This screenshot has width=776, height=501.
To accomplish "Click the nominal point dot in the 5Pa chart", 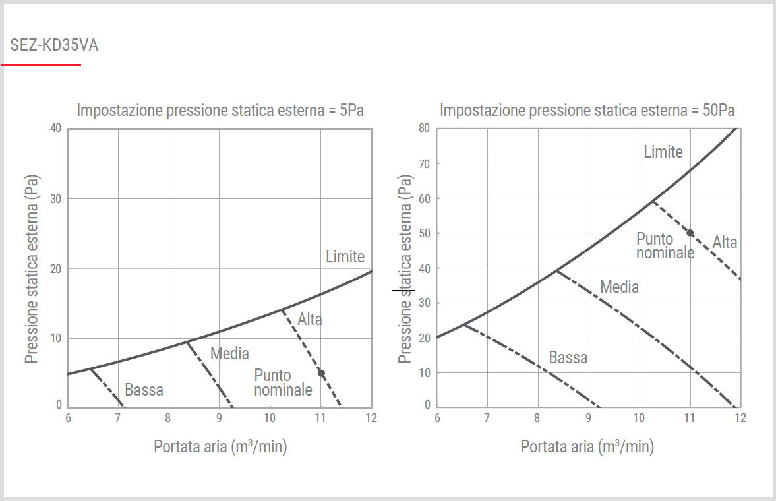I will [x=321, y=373].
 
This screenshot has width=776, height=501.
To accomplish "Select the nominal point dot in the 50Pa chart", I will [x=690, y=233].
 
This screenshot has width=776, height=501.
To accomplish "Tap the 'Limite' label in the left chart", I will [x=345, y=256].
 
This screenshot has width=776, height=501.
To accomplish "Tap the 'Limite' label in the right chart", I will [x=663, y=152].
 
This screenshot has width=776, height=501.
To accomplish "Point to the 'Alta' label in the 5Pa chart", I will [x=309, y=320].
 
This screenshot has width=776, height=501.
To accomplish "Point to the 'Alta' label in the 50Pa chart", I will [x=725, y=243].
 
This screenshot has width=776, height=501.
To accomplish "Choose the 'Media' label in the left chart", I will [x=229, y=353].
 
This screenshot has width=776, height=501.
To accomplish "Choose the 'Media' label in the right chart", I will [x=619, y=287].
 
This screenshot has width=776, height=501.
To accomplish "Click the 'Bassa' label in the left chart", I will [x=144, y=390].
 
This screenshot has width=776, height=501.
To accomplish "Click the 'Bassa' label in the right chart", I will [x=568, y=358].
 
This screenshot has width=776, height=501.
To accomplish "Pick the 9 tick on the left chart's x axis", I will [x=219, y=418].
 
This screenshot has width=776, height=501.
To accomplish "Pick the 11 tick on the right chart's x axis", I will [x=690, y=418].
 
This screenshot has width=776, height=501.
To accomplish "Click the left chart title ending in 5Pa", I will [x=220, y=110].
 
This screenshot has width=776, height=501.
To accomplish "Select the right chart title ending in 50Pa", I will [x=587, y=110].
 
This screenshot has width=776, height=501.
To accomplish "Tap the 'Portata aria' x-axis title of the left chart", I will [x=220, y=446].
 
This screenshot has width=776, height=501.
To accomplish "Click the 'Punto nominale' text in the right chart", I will [x=664, y=245].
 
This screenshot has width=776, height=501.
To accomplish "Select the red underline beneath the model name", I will [x=41, y=65].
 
